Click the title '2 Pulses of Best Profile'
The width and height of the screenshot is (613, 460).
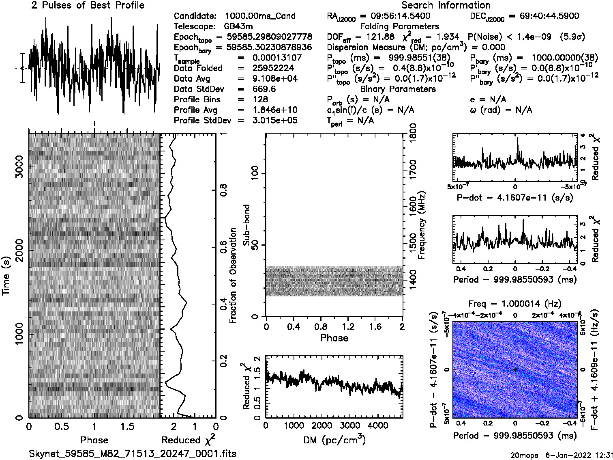(88, 5)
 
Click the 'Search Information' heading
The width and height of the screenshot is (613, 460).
(446, 5)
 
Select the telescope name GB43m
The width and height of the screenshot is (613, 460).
(240, 26)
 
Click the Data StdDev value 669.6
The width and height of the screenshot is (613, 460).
(264, 89)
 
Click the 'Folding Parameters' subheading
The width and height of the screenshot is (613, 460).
(399, 26)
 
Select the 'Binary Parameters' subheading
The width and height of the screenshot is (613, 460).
(398, 89)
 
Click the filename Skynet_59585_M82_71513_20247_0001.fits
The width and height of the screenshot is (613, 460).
(133, 454)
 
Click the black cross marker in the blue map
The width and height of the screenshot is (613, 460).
(515, 369)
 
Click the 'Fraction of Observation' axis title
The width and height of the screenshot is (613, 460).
(233, 276)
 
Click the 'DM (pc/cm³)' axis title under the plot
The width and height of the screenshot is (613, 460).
(334, 440)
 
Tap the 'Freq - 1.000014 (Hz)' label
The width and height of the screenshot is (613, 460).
(515, 304)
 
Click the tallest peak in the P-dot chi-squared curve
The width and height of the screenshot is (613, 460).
(517, 138)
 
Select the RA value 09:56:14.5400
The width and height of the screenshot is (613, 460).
(395, 16)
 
